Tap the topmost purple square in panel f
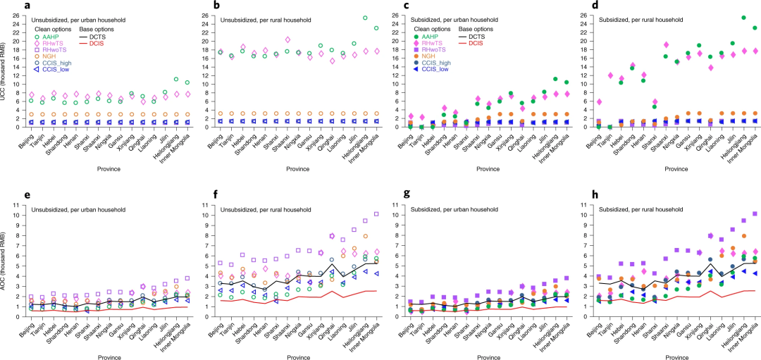pyautogui.click(x=377, y=213)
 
